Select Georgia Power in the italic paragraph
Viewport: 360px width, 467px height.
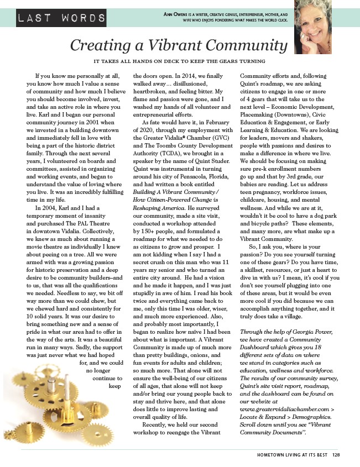coord(306,331)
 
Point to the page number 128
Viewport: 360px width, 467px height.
coord(336,455)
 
